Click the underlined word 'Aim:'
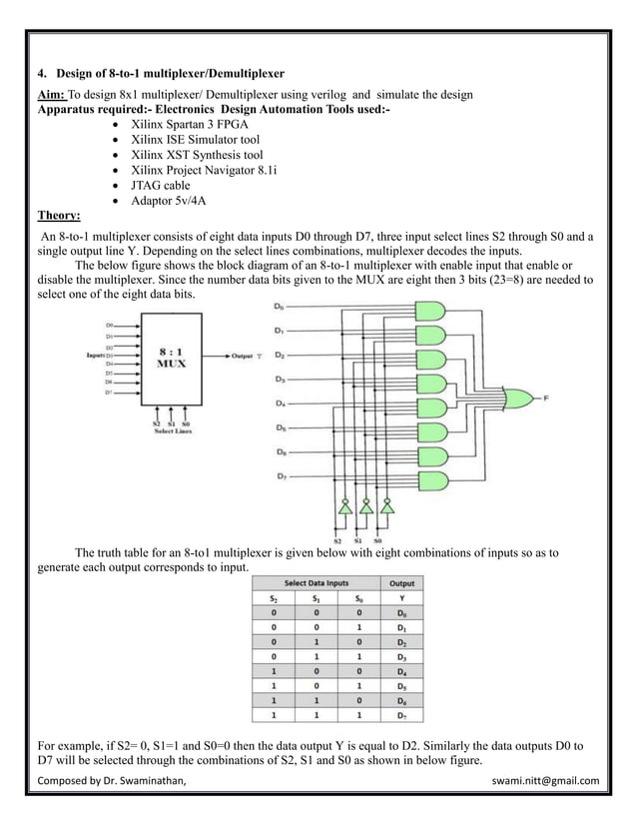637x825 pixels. point(51,94)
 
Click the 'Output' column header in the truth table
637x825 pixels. point(402,582)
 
